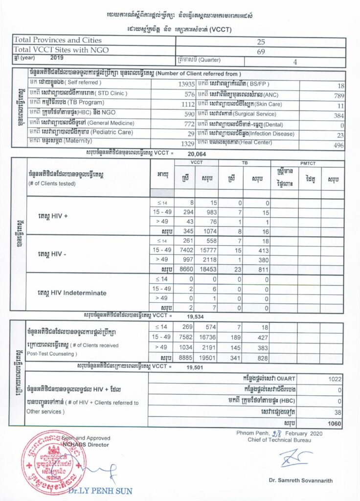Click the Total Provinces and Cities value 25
(260, 42)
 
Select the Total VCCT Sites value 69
(260, 50)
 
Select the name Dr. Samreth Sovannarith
(300, 480)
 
